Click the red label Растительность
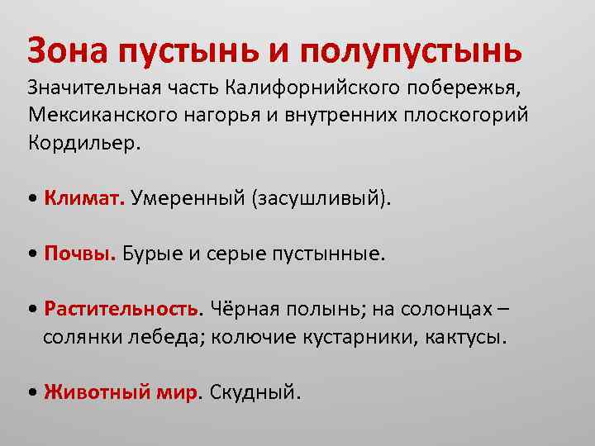[123, 309]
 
